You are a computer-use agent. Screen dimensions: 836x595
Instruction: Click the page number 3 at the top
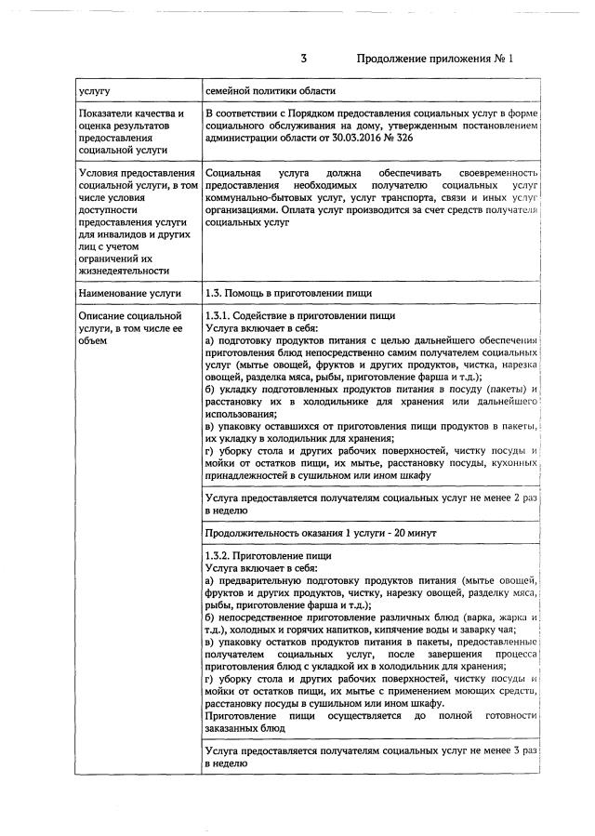[x=303, y=59]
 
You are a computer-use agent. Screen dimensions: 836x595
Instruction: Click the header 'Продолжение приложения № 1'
[x=435, y=59]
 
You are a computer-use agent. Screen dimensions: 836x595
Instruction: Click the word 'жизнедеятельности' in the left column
[x=125, y=271]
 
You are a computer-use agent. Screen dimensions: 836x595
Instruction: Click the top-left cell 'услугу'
[x=96, y=91]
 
